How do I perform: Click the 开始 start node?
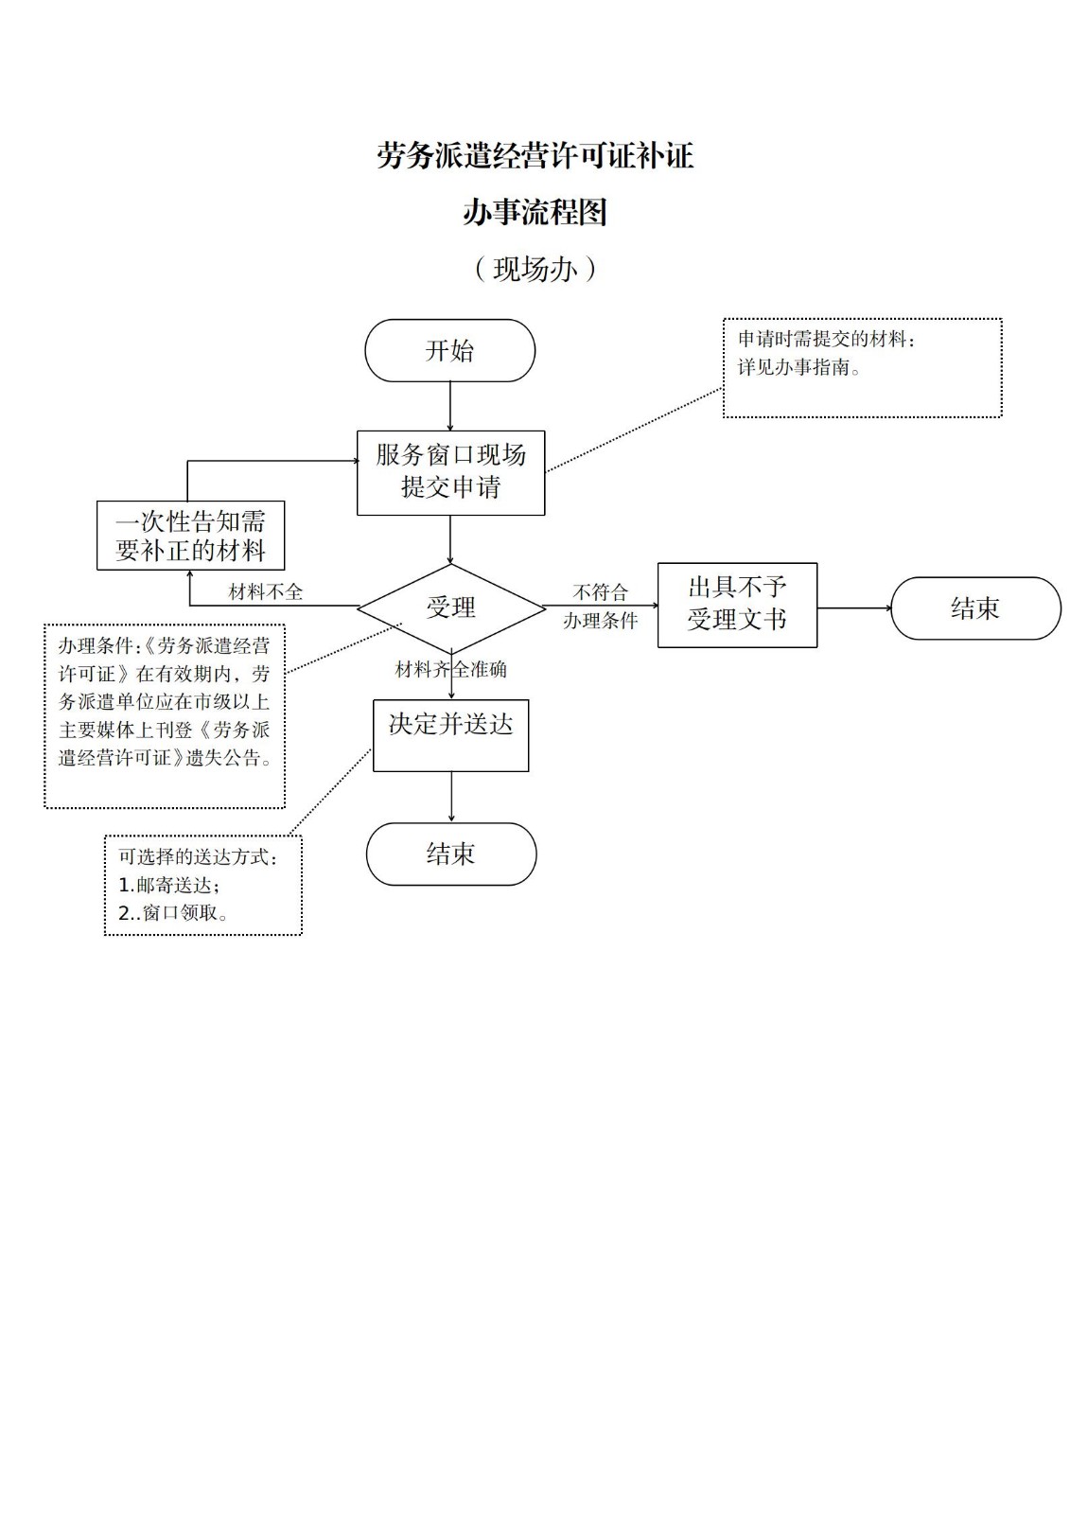(449, 351)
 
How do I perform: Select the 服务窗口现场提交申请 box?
(450, 472)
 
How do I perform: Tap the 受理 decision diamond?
(450, 607)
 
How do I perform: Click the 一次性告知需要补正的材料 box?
(190, 536)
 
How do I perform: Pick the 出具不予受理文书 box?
(737, 605)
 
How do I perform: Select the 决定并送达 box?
(450, 735)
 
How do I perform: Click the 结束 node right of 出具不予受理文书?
(975, 608)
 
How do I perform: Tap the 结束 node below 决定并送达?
(450, 854)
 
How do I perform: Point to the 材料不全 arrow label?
(266, 592)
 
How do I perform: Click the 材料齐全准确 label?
(450, 670)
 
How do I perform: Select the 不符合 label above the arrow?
(600, 592)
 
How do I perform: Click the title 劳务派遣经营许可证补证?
(535, 156)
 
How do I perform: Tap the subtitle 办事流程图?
(535, 212)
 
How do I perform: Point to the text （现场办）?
(535, 270)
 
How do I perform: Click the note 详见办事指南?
(799, 368)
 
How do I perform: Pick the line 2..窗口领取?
(172, 913)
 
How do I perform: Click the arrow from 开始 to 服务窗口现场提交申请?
(449, 406)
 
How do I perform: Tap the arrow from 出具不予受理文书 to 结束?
(853, 607)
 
